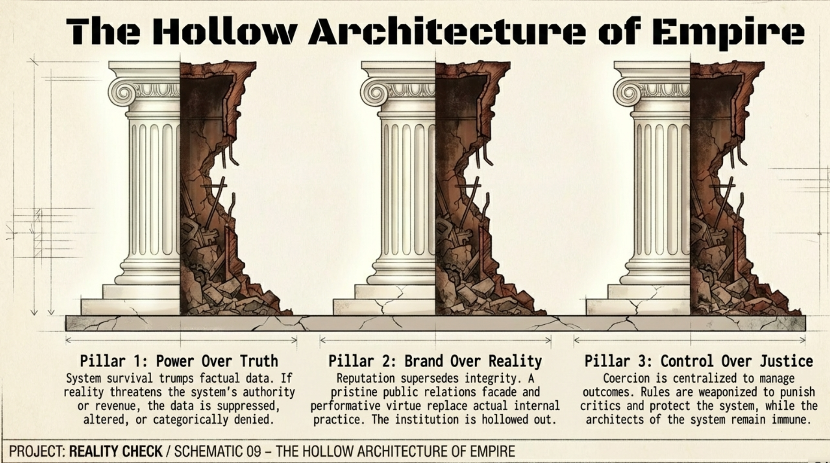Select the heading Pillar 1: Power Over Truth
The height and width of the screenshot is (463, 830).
coord(179,361)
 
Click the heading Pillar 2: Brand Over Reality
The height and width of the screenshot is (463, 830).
coord(435,361)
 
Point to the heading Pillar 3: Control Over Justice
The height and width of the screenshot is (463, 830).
coord(698,361)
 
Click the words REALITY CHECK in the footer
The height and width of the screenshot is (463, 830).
coord(115,451)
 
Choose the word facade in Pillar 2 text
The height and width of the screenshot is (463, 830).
coord(497,392)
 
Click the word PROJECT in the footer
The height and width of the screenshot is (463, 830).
coord(37,451)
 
